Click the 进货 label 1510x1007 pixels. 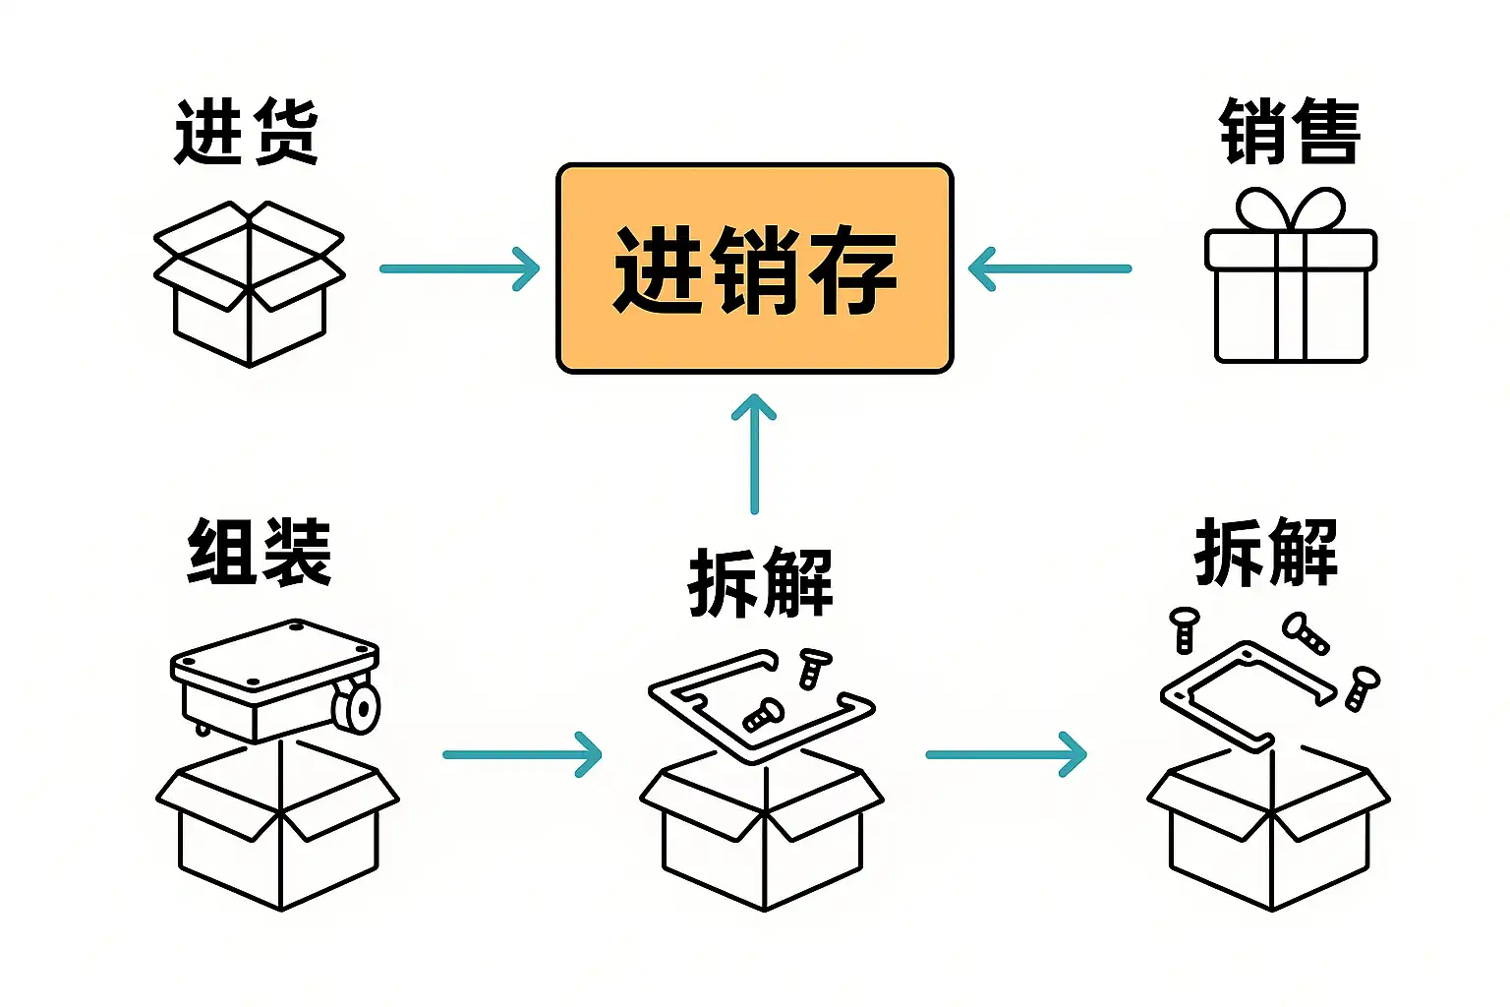point(247,132)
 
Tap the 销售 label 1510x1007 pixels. point(1290,132)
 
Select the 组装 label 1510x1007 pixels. point(260,552)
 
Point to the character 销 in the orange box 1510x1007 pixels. point(755,270)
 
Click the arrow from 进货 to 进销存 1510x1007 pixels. point(459,268)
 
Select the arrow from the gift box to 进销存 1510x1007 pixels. point(1050,268)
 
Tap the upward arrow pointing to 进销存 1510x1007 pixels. point(754,452)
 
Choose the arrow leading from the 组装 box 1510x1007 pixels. point(521,754)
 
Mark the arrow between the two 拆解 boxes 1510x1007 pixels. point(1006,754)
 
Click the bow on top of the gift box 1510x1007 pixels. point(1290,208)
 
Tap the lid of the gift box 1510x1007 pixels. point(1290,250)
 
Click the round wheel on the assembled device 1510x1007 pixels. point(357,707)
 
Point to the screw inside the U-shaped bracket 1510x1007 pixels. point(763,714)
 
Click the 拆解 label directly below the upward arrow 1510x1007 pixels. point(761,582)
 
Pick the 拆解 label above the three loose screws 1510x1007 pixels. point(1266,552)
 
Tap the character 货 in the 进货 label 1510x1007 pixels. point(284,132)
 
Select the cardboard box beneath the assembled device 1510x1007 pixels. point(279,826)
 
